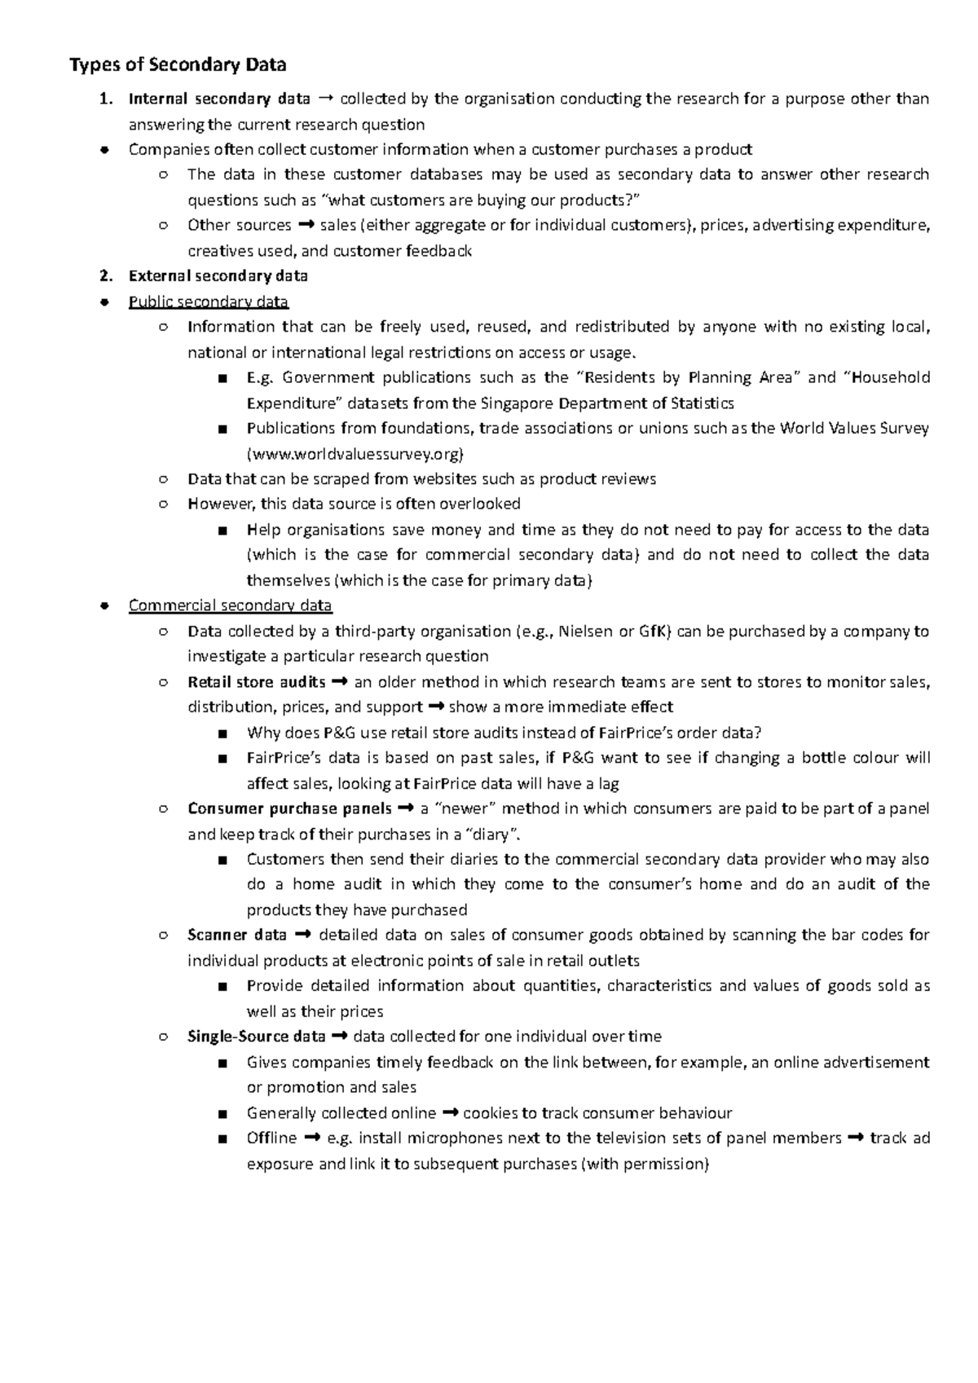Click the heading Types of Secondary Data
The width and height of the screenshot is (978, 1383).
click(178, 65)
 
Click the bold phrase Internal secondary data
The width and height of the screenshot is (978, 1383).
click(219, 99)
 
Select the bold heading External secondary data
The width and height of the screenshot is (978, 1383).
click(218, 276)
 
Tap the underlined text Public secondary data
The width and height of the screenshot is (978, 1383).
click(209, 302)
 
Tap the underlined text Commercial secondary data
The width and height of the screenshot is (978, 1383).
click(231, 606)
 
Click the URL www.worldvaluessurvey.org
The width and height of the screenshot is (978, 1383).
click(356, 454)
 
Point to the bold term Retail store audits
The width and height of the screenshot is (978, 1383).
click(257, 682)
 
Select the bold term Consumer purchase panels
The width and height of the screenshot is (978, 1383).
click(289, 808)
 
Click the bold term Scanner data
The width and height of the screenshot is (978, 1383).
click(237, 935)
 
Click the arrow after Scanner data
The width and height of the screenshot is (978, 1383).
click(302, 935)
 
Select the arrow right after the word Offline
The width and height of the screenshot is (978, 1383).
click(311, 1138)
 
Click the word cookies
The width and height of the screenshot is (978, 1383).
click(488, 1113)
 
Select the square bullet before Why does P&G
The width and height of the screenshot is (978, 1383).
click(222, 733)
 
